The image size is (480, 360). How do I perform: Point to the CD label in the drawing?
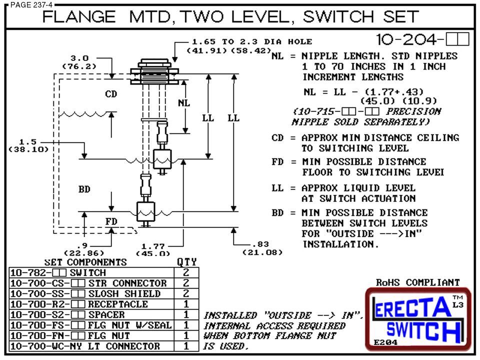[x=110, y=94]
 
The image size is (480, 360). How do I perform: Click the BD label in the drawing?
[x=84, y=189]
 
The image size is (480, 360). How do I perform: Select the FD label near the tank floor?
[x=110, y=221]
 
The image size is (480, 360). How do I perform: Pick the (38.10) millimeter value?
[x=28, y=149]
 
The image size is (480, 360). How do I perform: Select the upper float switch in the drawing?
[x=163, y=159]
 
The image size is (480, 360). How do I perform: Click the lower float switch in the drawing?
[x=146, y=210]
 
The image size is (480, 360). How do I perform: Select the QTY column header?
[x=186, y=262]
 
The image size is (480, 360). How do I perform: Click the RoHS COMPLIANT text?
[x=417, y=282]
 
